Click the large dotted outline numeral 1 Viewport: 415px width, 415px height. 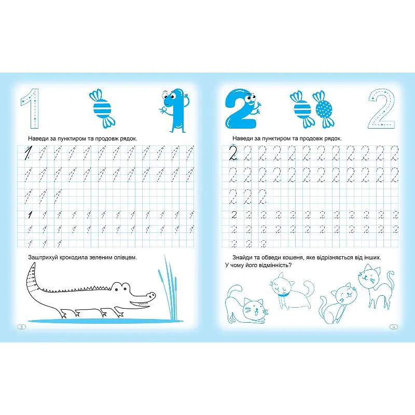[31, 108]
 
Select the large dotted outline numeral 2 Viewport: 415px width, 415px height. [382, 108]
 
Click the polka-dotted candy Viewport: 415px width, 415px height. [324, 109]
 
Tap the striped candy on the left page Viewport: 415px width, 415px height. [102, 108]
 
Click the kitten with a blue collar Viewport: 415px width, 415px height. [291, 291]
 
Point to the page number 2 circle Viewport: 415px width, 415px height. [22, 327]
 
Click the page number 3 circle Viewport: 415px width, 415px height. [394, 327]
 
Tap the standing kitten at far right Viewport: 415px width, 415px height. [376, 286]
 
